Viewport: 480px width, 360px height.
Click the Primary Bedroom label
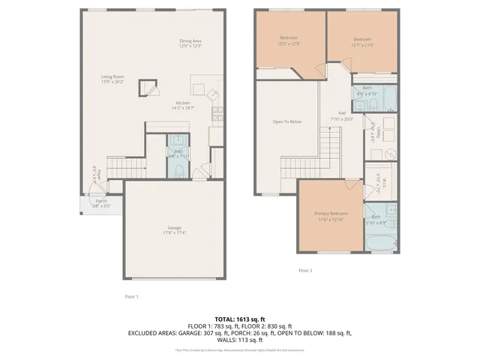pyautogui.click(x=331, y=214)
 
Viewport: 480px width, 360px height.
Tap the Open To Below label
pyautogui.click(x=286, y=121)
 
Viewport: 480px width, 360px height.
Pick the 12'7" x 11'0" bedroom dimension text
pyautogui.click(x=362, y=44)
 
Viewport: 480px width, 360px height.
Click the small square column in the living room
pyautogui.click(x=152, y=88)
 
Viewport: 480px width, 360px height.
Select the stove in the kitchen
pyautogui.click(x=211, y=95)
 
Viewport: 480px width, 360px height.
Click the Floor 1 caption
pyautogui.click(x=131, y=297)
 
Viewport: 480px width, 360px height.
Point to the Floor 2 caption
pyautogui.click(x=305, y=270)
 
